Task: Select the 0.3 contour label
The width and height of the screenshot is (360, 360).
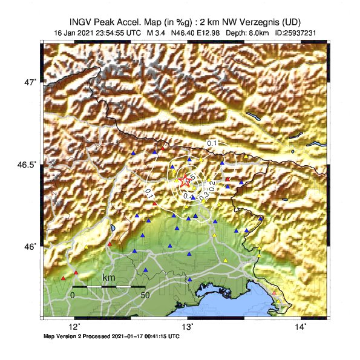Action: coord(204,195)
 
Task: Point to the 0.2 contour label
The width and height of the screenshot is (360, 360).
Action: coord(212,185)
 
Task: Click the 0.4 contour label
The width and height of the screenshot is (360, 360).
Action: coord(186,195)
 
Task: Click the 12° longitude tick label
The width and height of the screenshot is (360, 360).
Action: coord(74,327)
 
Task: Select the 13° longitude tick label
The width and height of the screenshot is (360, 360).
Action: coord(188,327)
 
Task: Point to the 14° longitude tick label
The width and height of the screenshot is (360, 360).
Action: coord(301,327)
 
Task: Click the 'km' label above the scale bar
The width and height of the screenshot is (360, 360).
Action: coord(109,277)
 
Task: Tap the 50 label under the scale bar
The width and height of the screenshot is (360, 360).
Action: coord(145,295)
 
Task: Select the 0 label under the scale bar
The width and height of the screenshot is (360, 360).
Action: coord(73,295)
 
